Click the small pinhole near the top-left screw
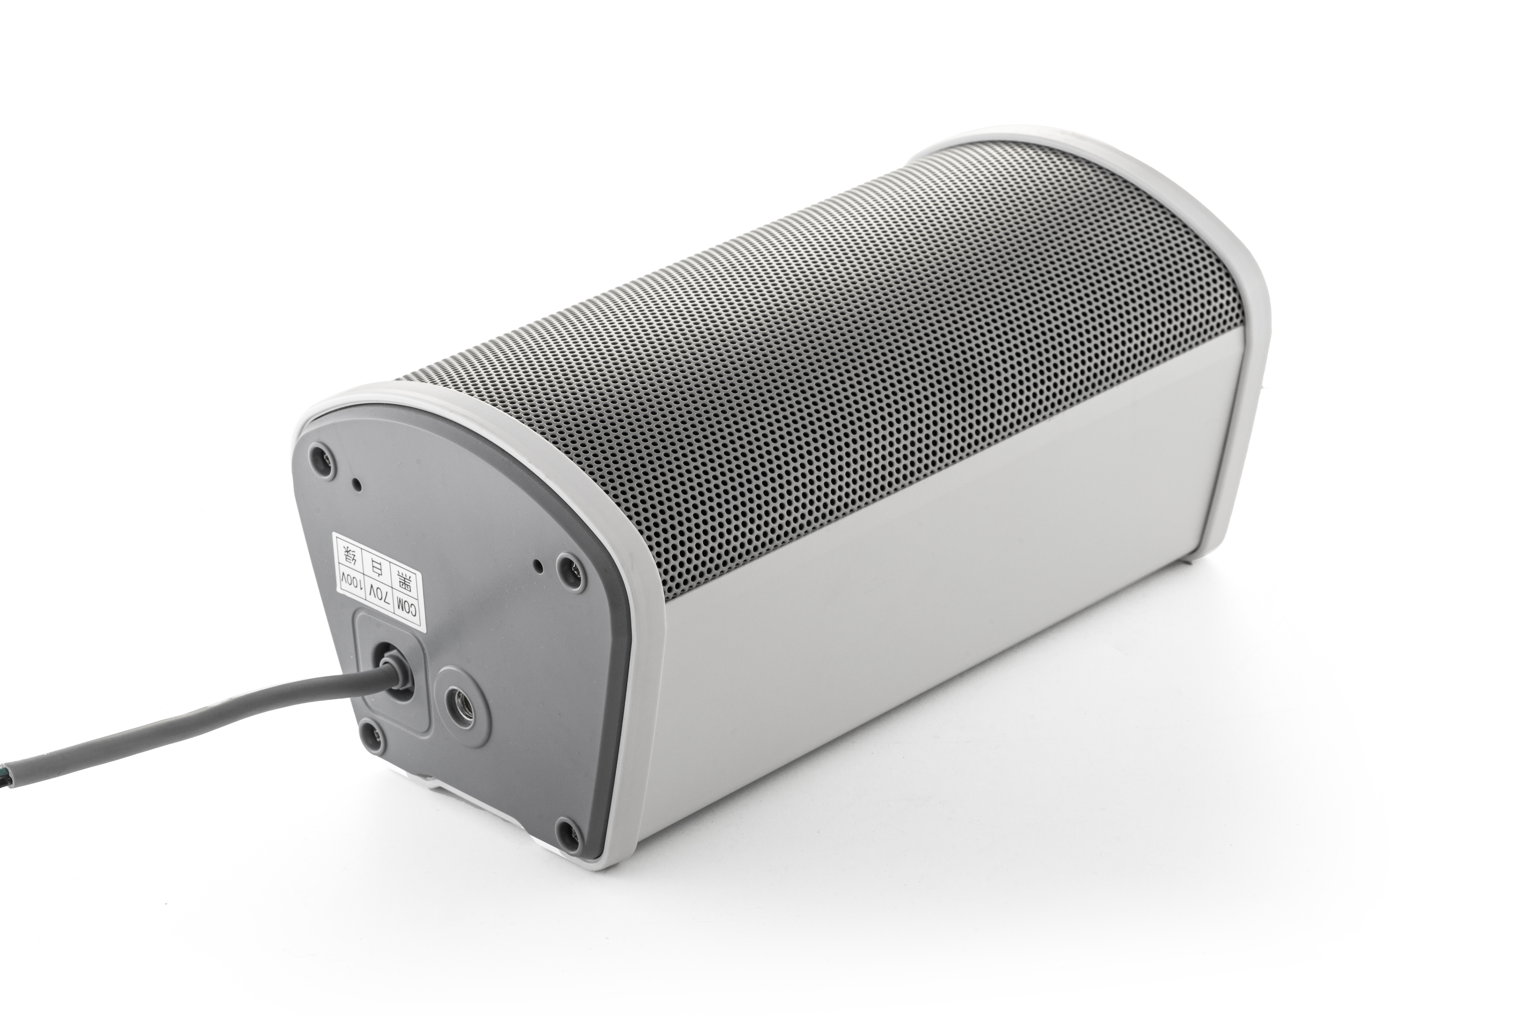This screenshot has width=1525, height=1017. click(x=356, y=483)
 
